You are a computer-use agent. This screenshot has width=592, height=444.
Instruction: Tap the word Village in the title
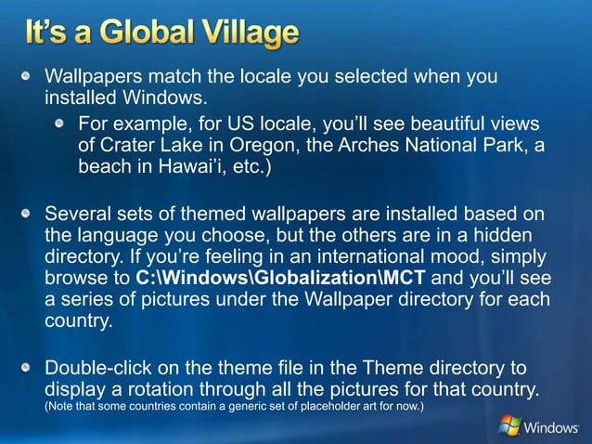(248, 35)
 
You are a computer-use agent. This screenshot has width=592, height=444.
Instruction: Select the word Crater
(131, 147)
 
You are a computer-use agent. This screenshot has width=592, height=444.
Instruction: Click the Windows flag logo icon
(509, 425)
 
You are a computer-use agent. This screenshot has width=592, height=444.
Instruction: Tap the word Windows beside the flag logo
(551, 428)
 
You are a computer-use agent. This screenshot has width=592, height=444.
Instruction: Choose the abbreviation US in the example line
(238, 124)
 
